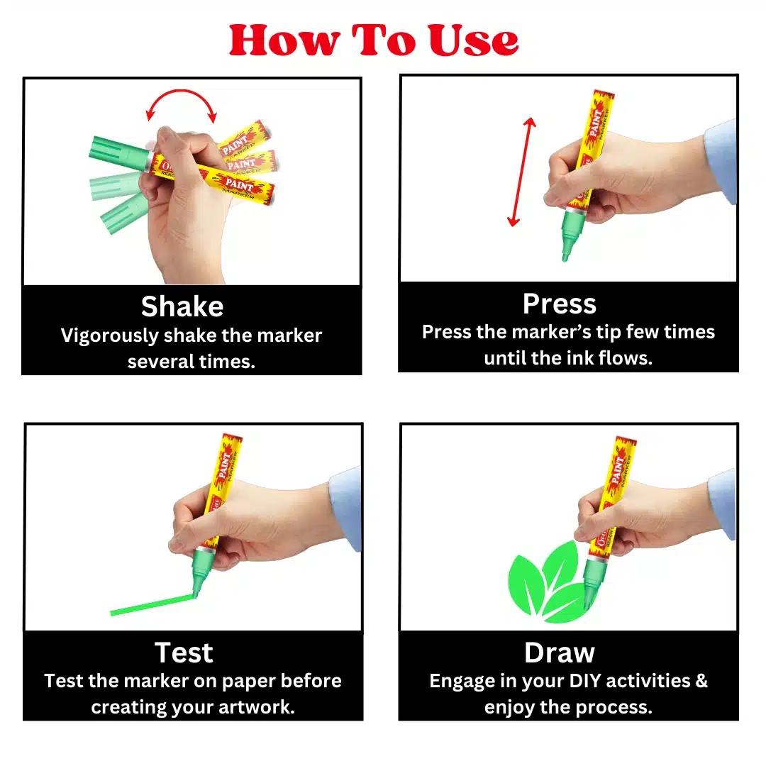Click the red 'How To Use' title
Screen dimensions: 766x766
[x=374, y=40]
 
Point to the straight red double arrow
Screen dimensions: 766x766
[x=522, y=172]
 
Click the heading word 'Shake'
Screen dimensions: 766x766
[x=182, y=306]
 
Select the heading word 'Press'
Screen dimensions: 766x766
[x=560, y=304]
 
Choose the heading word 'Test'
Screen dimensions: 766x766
[x=184, y=653]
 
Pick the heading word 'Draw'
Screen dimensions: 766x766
[x=560, y=653]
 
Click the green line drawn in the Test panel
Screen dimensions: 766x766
[x=152, y=605]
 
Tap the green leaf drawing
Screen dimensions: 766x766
[x=550, y=582]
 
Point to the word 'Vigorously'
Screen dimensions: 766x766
[x=110, y=337]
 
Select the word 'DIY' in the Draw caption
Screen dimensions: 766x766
[x=584, y=680]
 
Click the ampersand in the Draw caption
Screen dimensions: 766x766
[x=701, y=680]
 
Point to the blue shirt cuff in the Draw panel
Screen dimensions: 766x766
[x=721, y=506]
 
